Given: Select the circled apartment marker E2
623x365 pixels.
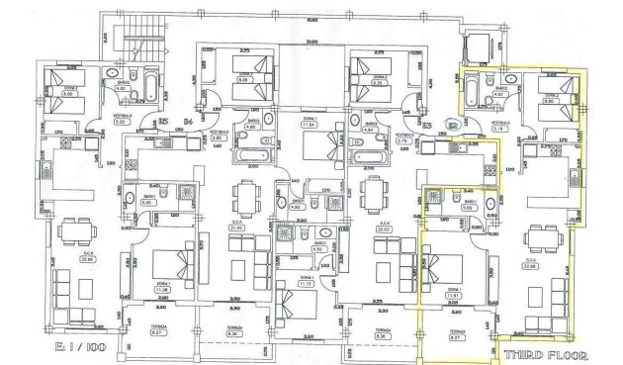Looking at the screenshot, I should (x=453, y=125).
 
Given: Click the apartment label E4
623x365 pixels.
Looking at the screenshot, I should (x=187, y=122).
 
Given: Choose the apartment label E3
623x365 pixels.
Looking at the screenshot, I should (x=428, y=125).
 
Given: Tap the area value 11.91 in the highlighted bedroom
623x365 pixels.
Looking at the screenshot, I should (x=455, y=294).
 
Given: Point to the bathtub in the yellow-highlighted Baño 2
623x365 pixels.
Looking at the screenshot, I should (x=473, y=92).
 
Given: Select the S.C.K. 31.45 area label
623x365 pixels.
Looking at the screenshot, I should (x=235, y=227).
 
